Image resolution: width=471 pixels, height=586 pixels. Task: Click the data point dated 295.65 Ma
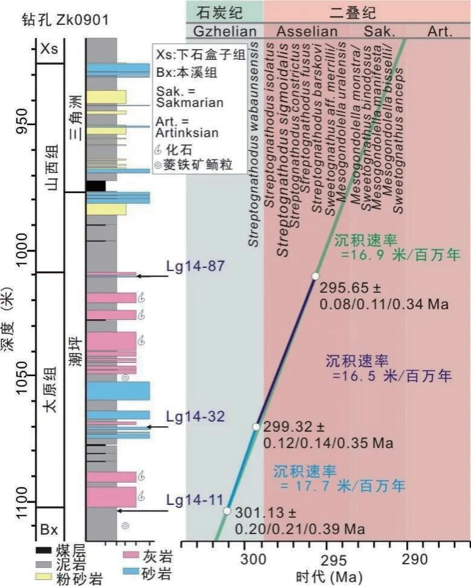click(x=315, y=276)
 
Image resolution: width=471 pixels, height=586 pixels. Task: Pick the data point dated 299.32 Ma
click(x=256, y=427)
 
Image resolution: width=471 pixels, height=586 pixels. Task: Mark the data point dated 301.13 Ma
click(x=227, y=511)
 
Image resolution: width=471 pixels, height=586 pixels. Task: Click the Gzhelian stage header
click(x=225, y=31)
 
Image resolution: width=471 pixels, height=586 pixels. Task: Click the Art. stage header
click(x=440, y=31)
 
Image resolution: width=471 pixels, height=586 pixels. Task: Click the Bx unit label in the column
click(x=49, y=530)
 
